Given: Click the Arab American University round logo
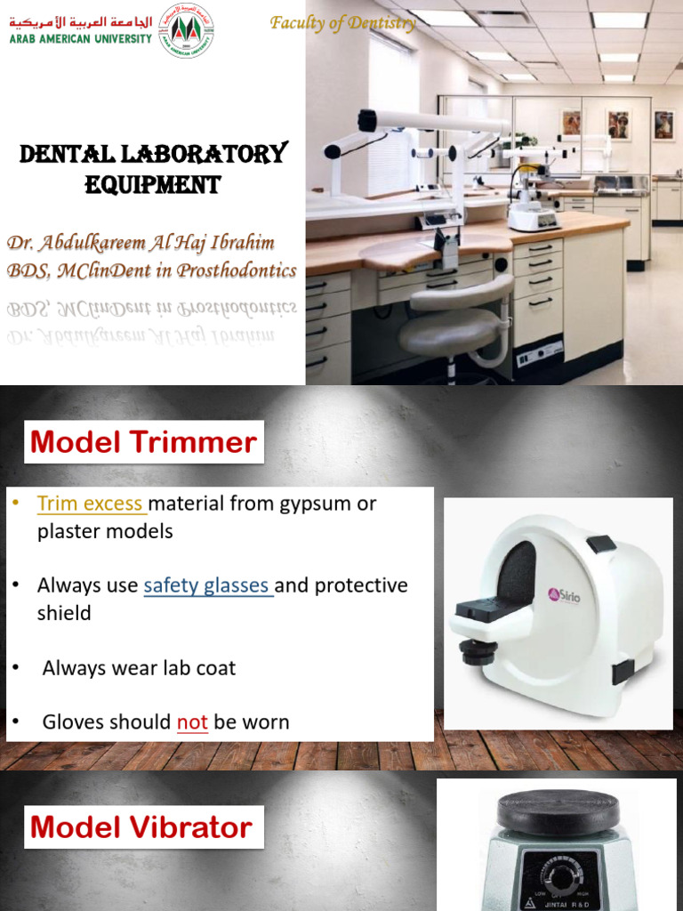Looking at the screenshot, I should tap(186, 31).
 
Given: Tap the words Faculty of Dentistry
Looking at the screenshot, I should tap(343, 23).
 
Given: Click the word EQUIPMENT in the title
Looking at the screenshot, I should tap(152, 185).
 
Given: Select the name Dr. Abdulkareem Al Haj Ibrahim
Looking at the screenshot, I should tap(141, 243).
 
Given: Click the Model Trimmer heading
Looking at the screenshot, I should tap(143, 442).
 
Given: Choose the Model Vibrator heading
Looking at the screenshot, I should tap(141, 828).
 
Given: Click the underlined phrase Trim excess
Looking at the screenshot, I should tap(90, 504).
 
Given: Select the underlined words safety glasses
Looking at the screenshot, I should tap(206, 585).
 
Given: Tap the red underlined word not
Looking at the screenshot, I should tap(192, 722).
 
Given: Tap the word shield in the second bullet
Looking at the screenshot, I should tap(64, 613).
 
